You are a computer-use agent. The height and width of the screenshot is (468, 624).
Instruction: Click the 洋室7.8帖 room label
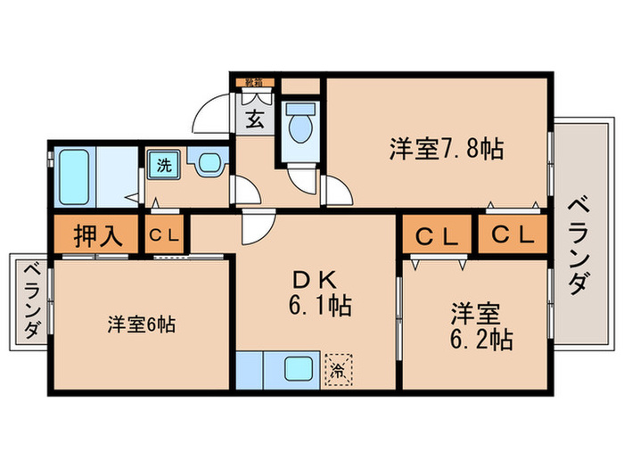click(446, 148)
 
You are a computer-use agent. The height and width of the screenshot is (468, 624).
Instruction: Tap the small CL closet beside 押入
click(165, 236)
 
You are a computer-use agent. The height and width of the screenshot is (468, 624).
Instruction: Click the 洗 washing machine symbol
click(164, 164)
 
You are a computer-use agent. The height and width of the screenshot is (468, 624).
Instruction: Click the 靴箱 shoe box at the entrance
click(254, 83)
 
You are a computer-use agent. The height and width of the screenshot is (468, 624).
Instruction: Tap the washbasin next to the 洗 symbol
click(209, 164)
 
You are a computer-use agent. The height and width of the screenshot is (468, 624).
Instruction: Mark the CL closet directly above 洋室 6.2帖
click(435, 236)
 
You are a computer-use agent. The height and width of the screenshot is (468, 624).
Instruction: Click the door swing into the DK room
click(259, 227)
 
